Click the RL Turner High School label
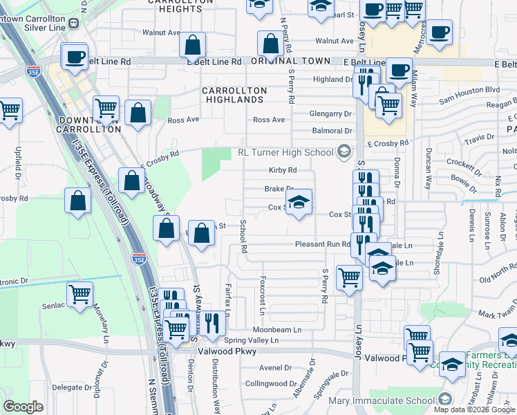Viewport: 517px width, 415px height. click(x=285, y=152)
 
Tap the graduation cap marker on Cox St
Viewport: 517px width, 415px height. click(x=299, y=203)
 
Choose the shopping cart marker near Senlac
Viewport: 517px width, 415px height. click(x=80, y=295)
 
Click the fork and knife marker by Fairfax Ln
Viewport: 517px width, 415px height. click(x=212, y=322)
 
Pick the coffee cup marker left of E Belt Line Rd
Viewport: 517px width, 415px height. click(x=75, y=57)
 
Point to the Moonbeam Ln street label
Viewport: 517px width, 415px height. click(x=277, y=330)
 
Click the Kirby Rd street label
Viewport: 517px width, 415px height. click(x=283, y=170)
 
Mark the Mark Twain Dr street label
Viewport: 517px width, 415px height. click(x=496, y=314)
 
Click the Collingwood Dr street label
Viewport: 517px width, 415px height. click(x=270, y=383)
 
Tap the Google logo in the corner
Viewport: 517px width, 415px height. click(x=23, y=407)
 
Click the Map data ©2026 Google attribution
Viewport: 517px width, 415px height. click(x=474, y=409)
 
